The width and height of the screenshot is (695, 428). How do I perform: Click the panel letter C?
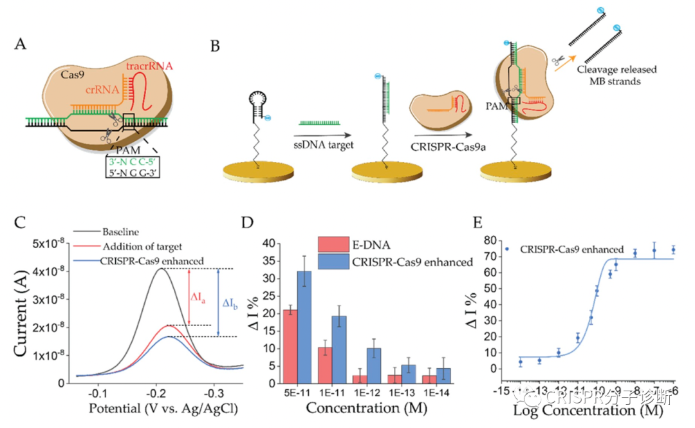[21, 222]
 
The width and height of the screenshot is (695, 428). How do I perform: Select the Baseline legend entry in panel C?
[121, 231]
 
